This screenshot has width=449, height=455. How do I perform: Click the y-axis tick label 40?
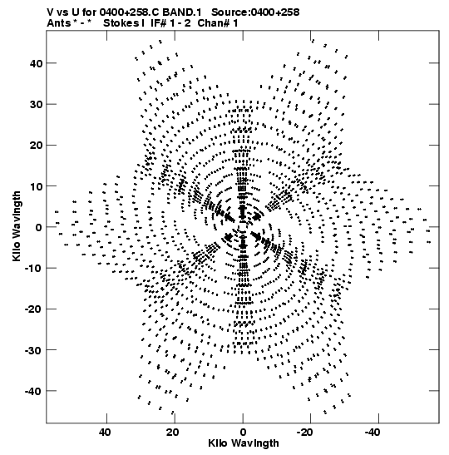tap(37, 63)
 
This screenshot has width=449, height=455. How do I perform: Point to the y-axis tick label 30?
tap(37, 104)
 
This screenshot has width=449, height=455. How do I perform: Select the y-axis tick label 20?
tap(37, 145)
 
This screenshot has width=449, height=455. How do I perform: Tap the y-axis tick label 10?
tap(37, 186)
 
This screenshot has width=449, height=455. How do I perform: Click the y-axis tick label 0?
tap(39, 227)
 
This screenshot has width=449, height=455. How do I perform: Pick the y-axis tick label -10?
tap(34, 268)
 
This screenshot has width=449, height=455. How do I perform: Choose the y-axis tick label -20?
tap(34, 309)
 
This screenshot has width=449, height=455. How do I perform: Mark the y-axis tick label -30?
tap(34, 350)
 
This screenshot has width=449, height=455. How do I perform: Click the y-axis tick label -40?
tap(34, 391)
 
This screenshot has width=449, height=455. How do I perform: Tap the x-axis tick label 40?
tap(105, 433)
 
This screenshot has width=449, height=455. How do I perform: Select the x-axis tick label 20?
tap(173, 433)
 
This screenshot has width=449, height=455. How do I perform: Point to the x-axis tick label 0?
tap(243, 433)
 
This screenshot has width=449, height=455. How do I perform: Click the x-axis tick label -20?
tap(304, 433)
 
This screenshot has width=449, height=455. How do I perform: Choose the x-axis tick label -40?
tap(373, 433)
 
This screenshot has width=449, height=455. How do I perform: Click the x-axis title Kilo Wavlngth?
tap(244, 443)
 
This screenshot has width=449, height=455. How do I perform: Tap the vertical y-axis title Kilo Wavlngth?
tap(17, 226)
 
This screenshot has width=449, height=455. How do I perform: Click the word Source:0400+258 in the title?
tap(255, 12)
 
